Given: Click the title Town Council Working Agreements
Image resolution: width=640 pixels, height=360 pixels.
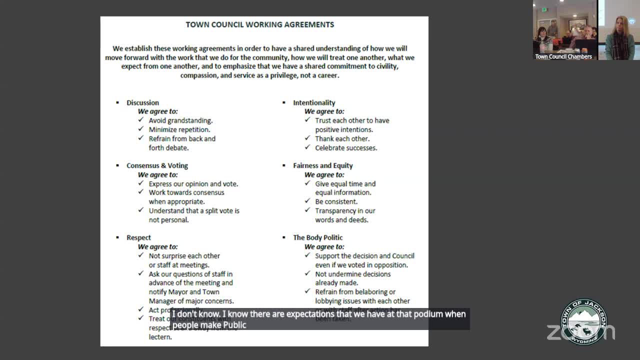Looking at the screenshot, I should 259,24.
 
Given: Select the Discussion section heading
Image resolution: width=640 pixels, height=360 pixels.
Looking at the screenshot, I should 142,102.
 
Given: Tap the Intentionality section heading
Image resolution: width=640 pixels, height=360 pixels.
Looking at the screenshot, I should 314,102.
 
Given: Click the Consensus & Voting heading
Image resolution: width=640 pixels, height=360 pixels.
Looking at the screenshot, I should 157,165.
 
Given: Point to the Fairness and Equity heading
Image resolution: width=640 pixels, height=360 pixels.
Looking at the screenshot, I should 322,165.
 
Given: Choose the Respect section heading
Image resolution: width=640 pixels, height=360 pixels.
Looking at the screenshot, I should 138,237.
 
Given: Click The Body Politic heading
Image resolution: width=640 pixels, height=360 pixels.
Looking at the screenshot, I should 317,237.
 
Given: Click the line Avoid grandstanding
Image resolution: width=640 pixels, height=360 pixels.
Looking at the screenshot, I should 180,120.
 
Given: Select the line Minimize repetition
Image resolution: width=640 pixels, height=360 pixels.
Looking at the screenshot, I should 179,129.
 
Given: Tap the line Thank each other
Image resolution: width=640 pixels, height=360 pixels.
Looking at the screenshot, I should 342,138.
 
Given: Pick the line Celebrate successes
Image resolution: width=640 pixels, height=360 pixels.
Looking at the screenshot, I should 346,147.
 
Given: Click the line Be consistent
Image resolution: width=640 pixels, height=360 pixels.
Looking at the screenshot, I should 336,201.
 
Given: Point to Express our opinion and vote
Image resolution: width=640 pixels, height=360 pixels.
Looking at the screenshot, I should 193,183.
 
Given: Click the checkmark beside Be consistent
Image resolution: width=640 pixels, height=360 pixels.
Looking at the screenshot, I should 307,201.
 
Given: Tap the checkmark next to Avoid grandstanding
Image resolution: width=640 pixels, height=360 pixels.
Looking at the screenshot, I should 141,120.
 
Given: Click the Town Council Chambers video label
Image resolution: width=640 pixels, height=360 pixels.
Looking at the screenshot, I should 563,56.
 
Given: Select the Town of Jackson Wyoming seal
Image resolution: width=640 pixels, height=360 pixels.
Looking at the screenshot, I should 583,321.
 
